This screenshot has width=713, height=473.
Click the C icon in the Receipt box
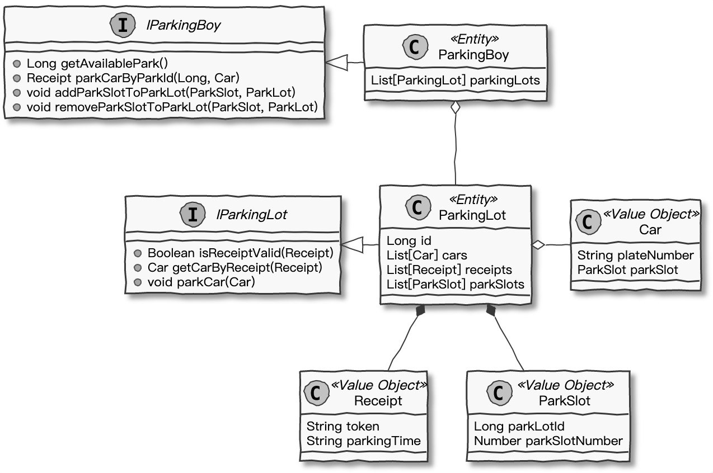click(315, 393)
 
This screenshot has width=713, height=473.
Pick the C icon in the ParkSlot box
click(498, 393)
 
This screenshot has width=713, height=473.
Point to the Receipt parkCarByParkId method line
click(133, 78)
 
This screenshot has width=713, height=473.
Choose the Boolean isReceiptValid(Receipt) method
click(240, 253)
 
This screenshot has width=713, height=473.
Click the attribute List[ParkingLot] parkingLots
click(455, 81)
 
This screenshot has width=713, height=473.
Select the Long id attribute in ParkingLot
click(409, 241)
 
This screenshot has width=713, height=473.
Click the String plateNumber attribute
click(635, 256)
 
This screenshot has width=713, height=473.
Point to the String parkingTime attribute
click(363, 441)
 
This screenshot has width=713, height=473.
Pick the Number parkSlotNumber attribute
click(548, 441)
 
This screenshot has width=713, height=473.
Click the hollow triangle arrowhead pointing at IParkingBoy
click(336, 63)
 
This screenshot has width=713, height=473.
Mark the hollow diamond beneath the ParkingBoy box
click(456, 108)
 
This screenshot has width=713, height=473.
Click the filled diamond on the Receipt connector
click(420, 311)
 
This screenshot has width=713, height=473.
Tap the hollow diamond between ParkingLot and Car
click(538, 245)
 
